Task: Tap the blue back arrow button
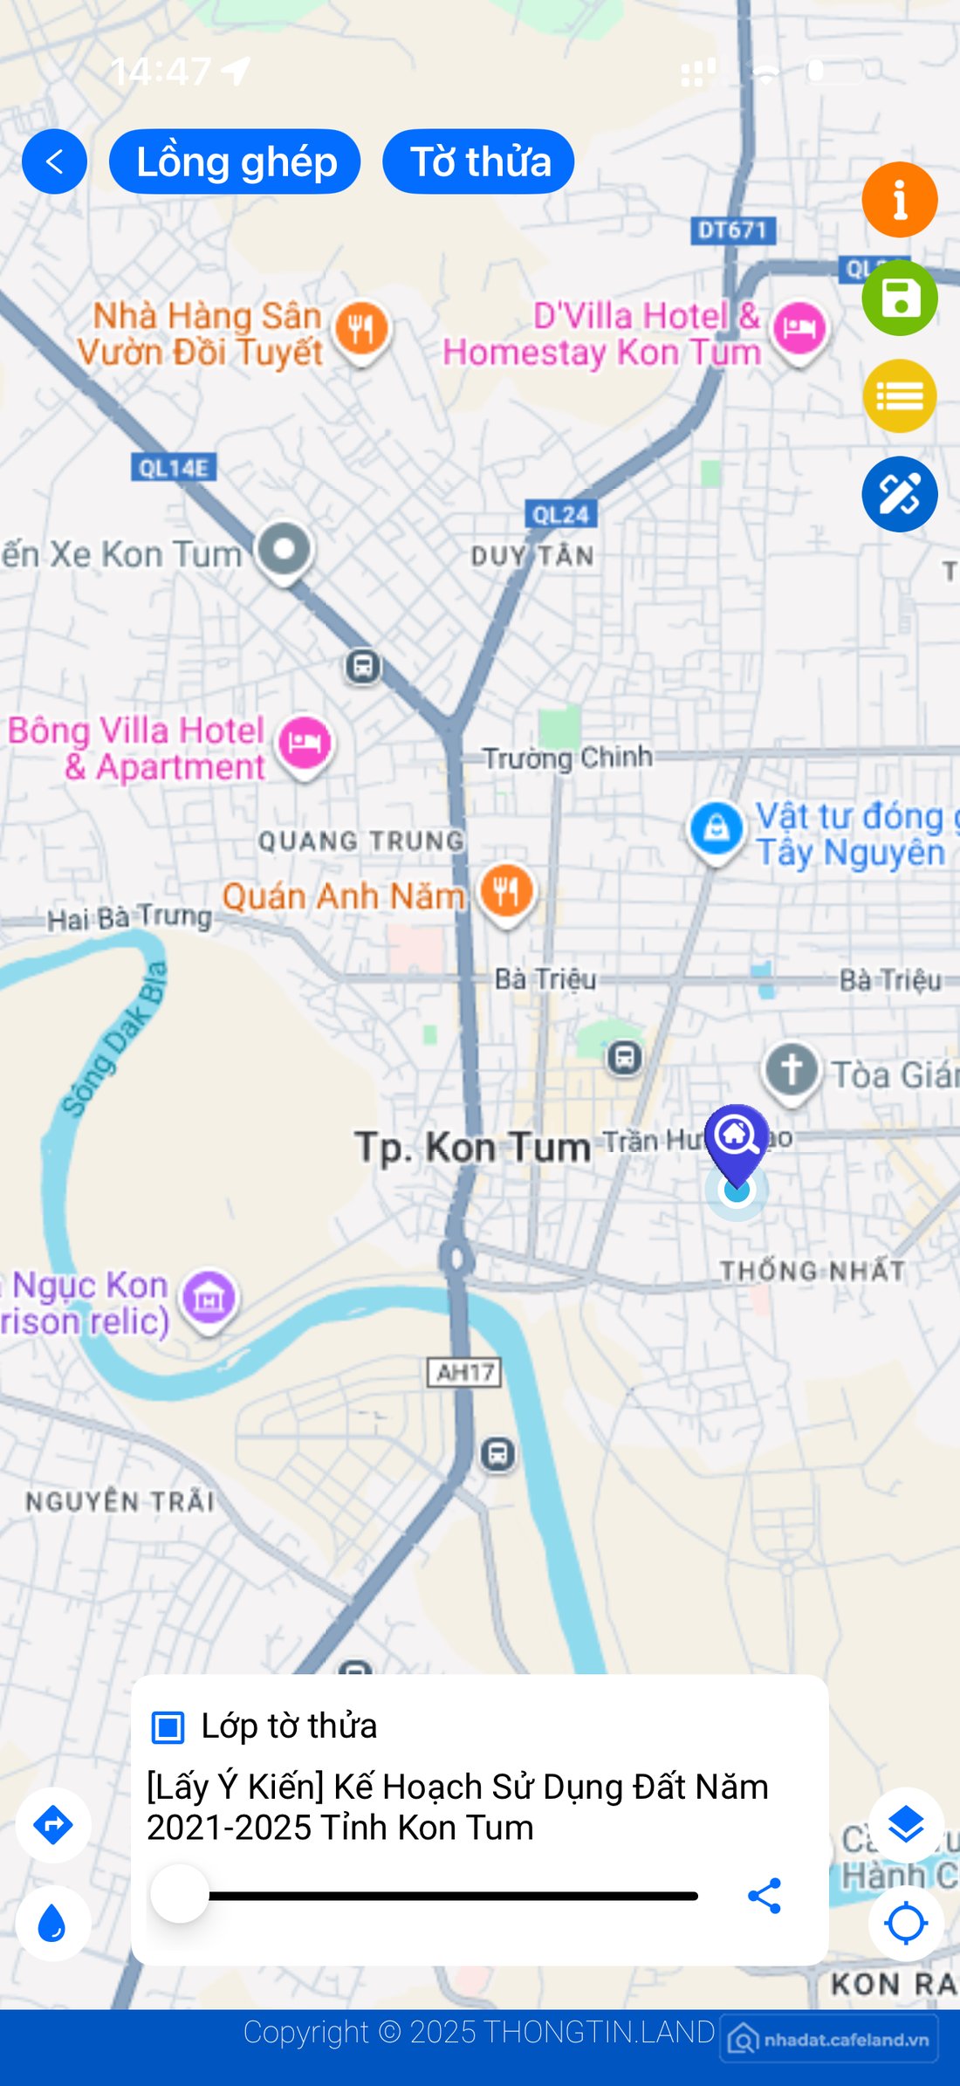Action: pos(54,161)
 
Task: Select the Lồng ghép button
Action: pos(235,161)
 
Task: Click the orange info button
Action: pos(899,200)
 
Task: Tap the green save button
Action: pos(899,298)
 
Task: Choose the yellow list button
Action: pos(899,396)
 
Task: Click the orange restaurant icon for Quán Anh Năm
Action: pos(506,891)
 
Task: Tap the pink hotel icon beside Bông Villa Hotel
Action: pos(305,743)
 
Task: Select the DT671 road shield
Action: pos(732,230)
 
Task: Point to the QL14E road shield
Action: pos(174,468)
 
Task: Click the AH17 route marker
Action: pos(465,1372)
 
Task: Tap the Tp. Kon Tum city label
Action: pos(472,1146)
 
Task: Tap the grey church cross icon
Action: pos(792,1069)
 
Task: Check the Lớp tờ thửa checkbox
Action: pos(168,1726)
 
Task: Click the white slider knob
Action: pos(180,1894)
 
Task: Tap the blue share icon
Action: pos(765,1896)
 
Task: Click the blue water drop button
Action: pos(53,1923)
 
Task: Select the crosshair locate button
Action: pos(905,1923)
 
